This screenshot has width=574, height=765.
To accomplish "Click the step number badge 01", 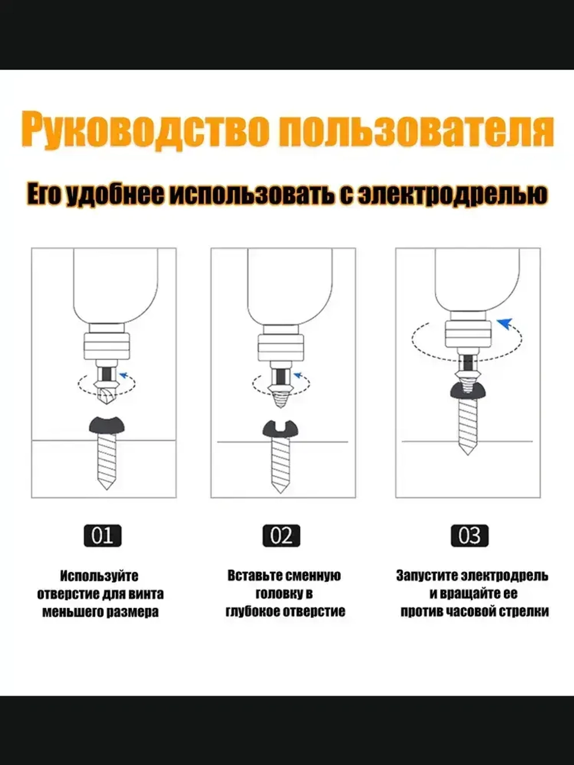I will pos(102,535).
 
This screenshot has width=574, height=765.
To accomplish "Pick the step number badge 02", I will pos(281,535).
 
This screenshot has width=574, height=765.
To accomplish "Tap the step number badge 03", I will pos(469,535).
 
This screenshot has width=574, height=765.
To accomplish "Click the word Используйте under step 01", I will pos(99,576).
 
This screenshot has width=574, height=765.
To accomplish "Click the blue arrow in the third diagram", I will pos(505,324).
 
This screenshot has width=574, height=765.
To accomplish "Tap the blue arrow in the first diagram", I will pos(122,376).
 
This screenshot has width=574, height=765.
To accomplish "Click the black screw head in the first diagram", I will pos(105,424).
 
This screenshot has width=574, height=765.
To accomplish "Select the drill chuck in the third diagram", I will pos(468,336).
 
